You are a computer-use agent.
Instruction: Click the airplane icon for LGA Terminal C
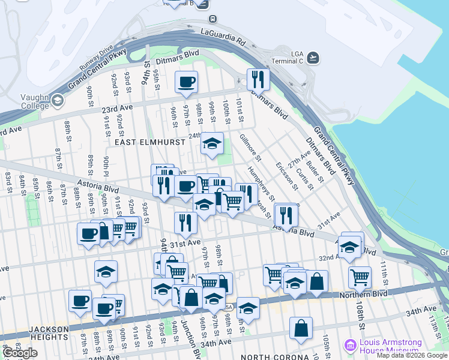[313, 57]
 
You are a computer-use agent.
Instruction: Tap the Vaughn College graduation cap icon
[58, 100]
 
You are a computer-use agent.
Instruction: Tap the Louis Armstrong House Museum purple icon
[349, 346]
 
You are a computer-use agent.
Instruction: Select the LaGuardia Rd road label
[224, 37]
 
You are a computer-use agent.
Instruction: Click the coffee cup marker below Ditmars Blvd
[186, 82]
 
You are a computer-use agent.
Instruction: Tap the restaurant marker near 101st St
[258, 79]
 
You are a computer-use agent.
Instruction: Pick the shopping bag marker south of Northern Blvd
[301, 328]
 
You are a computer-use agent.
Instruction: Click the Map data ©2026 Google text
[412, 356]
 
